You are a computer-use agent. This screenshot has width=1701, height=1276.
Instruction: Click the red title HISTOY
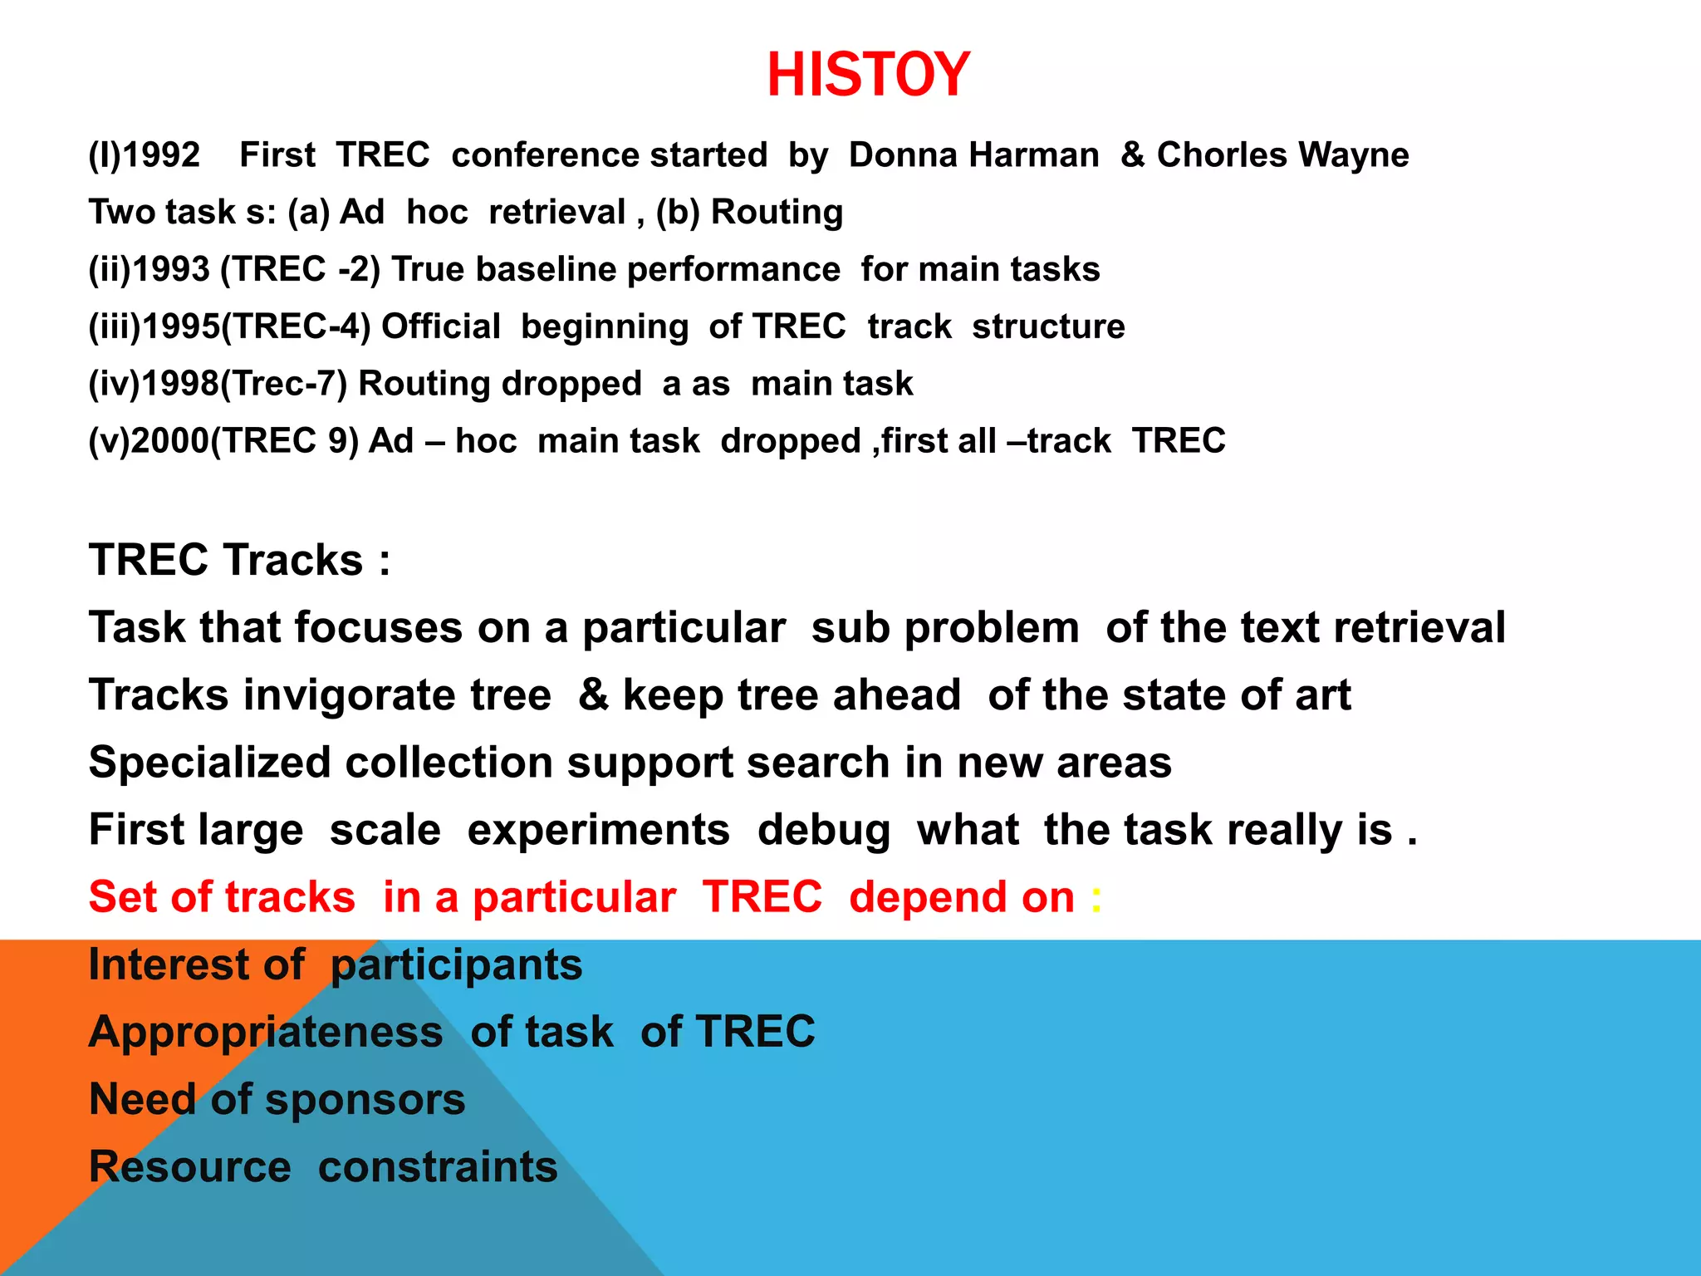[x=868, y=75]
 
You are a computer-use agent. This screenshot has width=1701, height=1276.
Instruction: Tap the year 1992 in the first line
[x=161, y=155]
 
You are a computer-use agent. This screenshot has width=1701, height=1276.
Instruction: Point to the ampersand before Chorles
[x=1133, y=155]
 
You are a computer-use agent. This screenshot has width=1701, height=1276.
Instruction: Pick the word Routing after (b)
[x=777, y=213]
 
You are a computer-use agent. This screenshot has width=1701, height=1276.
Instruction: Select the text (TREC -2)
[x=300, y=270]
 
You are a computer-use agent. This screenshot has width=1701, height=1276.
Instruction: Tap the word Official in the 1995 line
[x=440, y=326]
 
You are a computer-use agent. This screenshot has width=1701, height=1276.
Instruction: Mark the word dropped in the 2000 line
[x=790, y=441]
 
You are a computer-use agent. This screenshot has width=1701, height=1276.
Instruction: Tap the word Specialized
[x=209, y=763]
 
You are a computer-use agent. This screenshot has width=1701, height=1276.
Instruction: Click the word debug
[x=823, y=830]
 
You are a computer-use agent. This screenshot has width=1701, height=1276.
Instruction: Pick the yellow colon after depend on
[x=1096, y=898]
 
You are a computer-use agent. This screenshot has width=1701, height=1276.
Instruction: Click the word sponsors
[x=365, y=1100]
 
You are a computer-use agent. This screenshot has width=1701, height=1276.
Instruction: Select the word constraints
[x=438, y=1167]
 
